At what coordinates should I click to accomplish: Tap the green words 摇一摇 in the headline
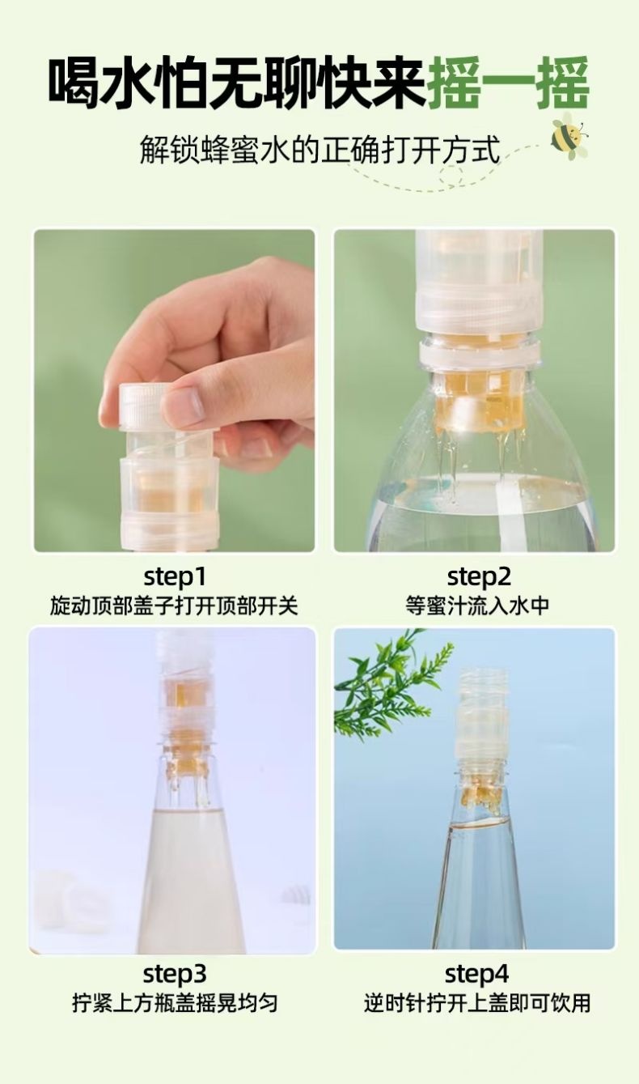coord(508,83)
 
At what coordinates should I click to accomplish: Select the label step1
coord(175,576)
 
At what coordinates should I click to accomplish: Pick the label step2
coord(479,576)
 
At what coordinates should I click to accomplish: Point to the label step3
coord(175,974)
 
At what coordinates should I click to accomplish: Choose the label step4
coord(476,974)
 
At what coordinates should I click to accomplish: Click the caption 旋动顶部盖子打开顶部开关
coord(174,606)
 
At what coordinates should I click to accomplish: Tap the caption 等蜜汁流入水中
coord(477,606)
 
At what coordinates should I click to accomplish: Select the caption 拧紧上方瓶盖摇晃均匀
coord(175,1003)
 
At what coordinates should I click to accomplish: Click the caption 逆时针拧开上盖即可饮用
coord(477,1003)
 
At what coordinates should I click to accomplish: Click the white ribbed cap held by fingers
coord(143,406)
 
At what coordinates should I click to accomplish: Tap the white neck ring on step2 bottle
coord(480,352)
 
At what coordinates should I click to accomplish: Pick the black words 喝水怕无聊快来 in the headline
coord(237,83)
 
